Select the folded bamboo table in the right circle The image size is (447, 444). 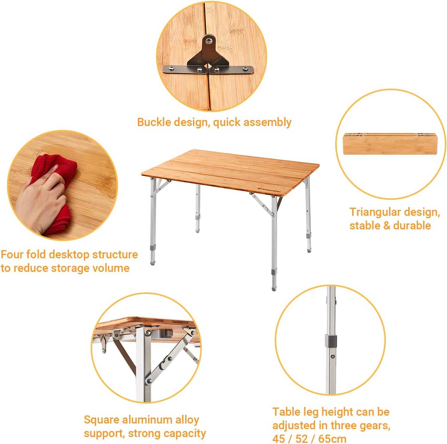[x=390, y=144]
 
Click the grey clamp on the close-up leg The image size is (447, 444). [x=330, y=340]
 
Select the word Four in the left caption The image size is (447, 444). [x=12, y=254]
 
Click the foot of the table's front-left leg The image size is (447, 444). [x=152, y=263]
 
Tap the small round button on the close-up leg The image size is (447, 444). [x=332, y=357]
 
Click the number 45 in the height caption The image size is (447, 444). [x=279, y=439]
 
